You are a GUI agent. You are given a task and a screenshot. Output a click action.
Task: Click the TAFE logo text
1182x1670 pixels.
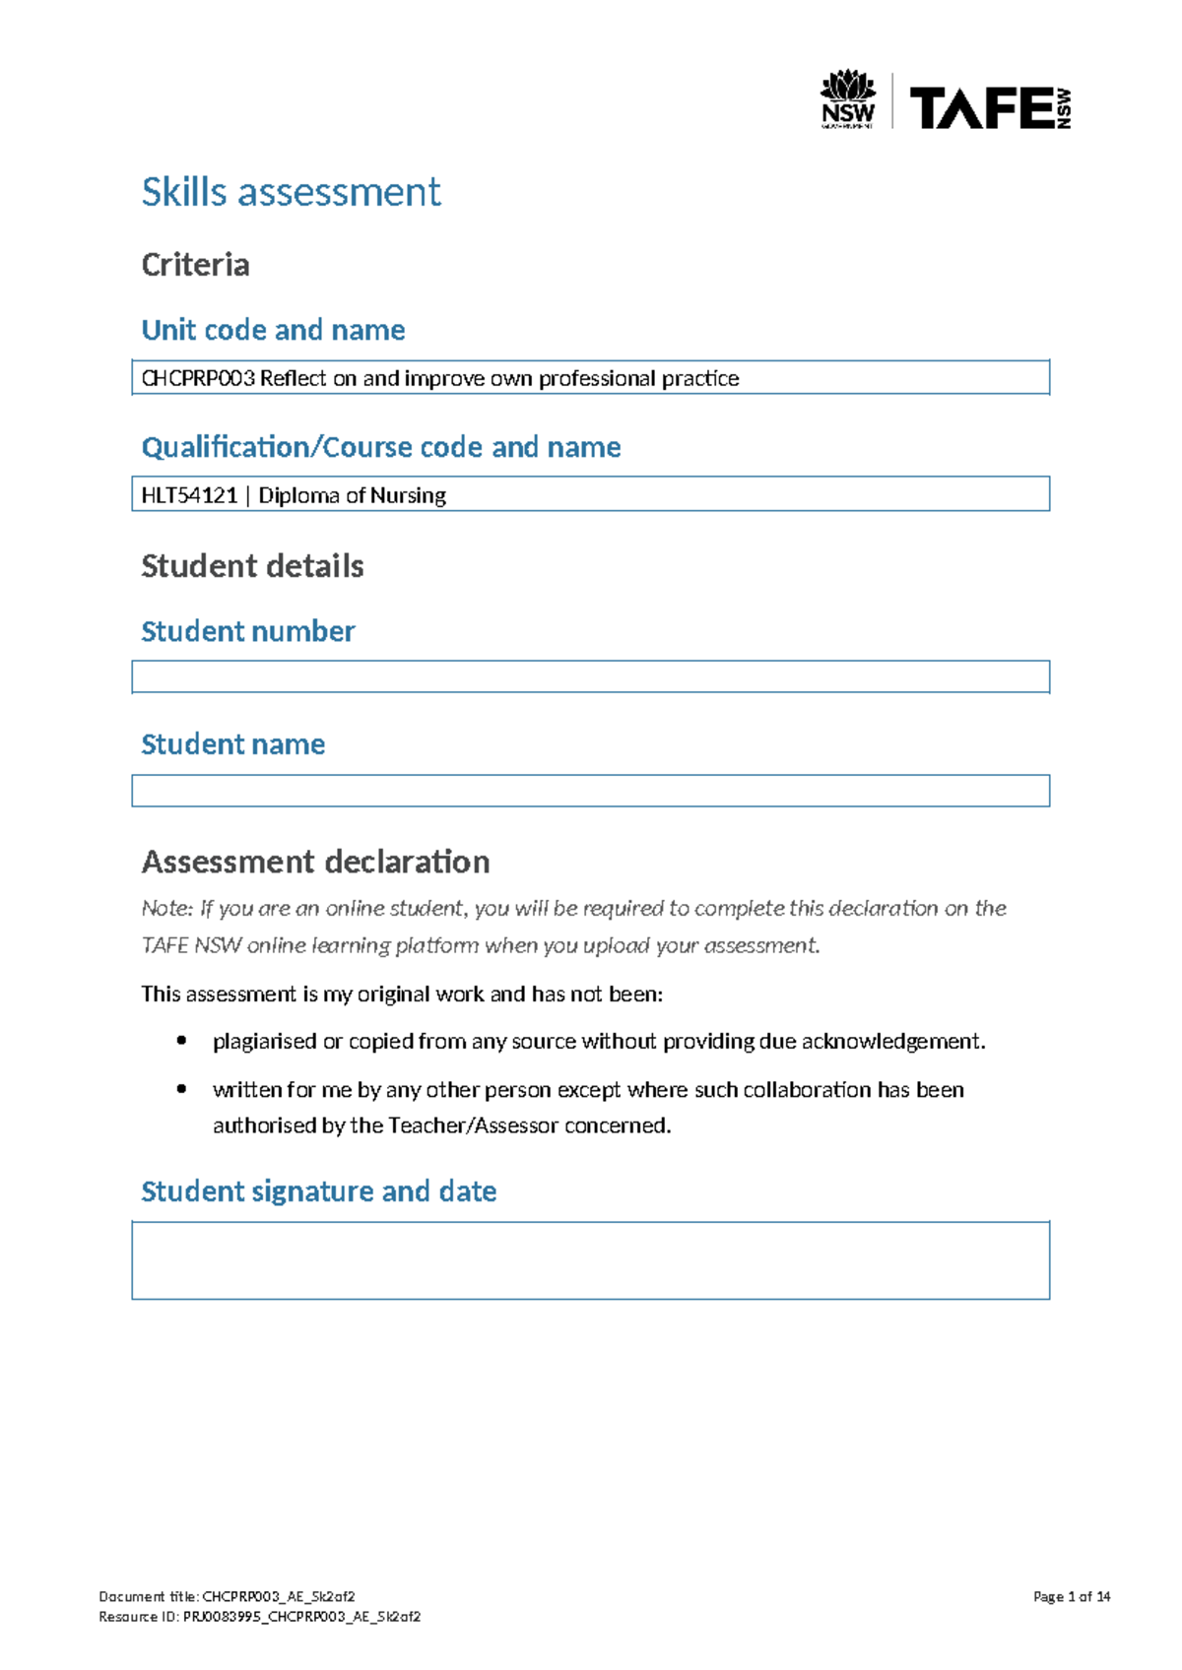click(x=981, y=107)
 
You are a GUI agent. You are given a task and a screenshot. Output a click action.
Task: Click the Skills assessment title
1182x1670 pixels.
click(x=291, y=192)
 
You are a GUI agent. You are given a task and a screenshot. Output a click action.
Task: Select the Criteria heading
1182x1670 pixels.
click(x=195, y=265)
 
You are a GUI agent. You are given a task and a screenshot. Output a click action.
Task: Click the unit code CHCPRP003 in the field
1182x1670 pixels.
click(x=198, y=378)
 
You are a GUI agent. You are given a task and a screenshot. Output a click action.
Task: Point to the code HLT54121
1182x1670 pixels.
click(x=189, y=495)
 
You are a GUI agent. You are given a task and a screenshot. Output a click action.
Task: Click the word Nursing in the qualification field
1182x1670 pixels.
click(x=408, y=495)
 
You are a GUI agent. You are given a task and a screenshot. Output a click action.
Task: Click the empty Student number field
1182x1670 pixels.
click(x=590, y=676)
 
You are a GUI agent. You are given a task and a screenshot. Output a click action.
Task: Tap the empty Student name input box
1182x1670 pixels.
click(x=590, y=791)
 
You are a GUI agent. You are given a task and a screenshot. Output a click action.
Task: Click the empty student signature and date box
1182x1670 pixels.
click(x=590, y=1260)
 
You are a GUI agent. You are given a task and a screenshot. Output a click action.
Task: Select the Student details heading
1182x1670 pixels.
click(x=252, y=566)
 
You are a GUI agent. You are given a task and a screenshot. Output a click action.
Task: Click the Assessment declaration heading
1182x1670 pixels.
click(x=315, y=862)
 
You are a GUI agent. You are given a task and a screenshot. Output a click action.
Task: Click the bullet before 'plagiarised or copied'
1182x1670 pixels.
click(x=181, y=1040)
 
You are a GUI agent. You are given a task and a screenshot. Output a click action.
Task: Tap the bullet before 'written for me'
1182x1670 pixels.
click(x=181, y=1088)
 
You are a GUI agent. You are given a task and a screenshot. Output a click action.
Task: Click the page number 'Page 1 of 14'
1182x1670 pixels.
click(x=1072, y=1596)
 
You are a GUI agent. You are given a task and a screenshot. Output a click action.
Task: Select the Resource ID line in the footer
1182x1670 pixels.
click(x=260, y=1616)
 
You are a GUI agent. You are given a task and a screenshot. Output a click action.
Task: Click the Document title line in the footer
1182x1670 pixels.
click(x=227, y=1596)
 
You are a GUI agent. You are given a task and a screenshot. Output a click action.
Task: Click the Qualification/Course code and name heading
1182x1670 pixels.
click(x=381, y=447)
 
